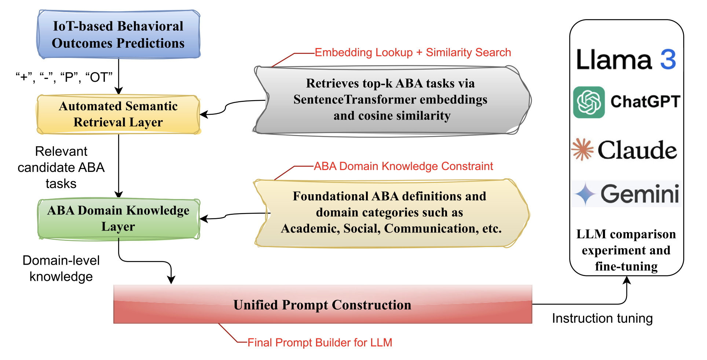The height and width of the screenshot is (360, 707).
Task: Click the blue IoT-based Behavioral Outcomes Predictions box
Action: (119, 34)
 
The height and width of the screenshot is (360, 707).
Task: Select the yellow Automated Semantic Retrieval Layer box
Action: (118, 114)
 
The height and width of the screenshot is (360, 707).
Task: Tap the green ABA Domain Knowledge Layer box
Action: (119, 219)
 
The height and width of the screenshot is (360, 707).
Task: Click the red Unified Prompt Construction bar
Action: (323, 304)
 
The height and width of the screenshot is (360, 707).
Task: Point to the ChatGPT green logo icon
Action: (589, 102)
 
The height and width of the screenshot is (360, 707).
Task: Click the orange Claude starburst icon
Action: (582, 149)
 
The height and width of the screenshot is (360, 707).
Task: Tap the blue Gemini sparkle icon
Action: (585, 194)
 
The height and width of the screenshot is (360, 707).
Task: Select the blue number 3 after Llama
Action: (668, 59)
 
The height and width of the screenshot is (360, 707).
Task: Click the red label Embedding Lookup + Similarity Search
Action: (413, 52)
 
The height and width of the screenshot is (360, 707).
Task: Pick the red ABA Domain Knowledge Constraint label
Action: (404, 166)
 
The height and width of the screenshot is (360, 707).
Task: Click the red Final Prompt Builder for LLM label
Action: (320, 342)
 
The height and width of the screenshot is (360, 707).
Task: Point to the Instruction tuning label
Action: (602, 318)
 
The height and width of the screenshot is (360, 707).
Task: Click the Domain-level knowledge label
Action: (61, 268)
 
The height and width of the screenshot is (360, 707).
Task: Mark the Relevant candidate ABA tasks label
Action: (61, 167)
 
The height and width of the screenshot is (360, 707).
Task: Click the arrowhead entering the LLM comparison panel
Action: (627, 280)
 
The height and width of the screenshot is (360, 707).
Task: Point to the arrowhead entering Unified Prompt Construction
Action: (171, 280)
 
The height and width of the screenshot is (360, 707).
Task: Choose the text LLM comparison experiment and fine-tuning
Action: (626, 250)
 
